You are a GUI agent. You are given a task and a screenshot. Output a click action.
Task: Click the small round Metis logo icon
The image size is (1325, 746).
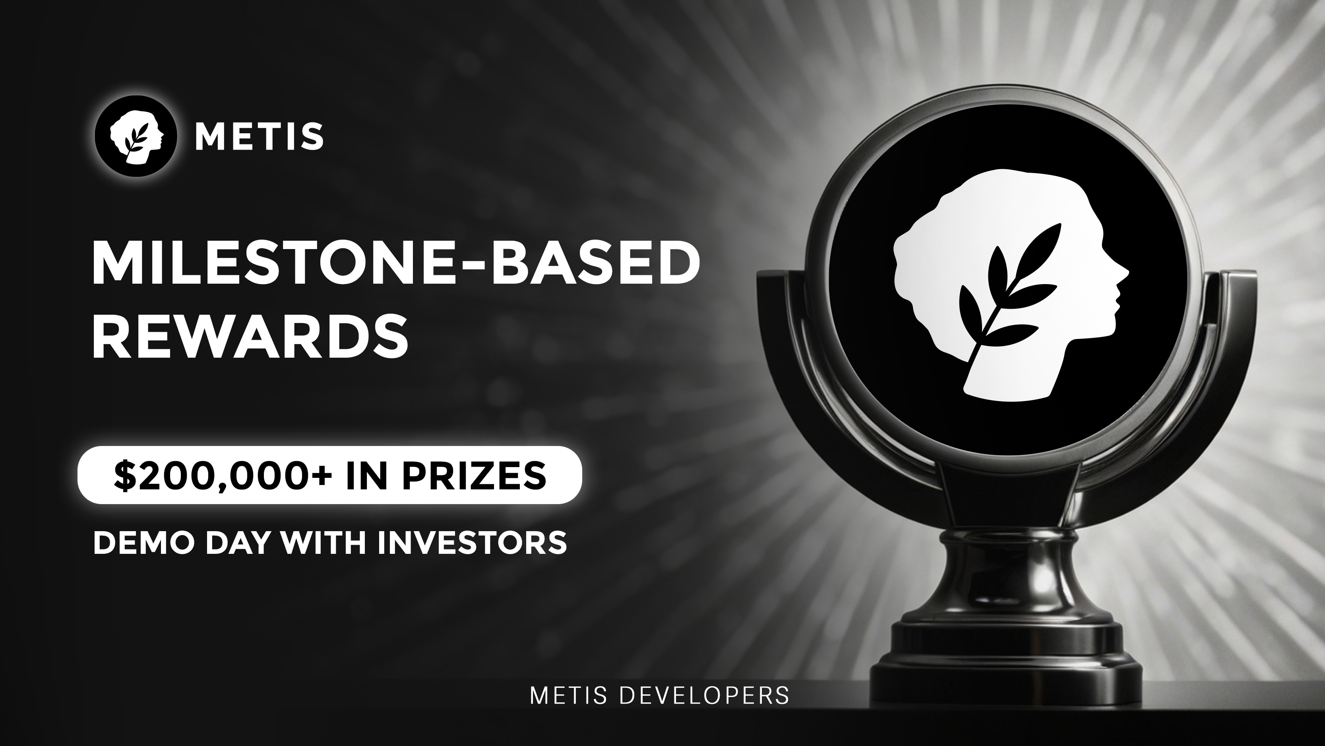(136, 136)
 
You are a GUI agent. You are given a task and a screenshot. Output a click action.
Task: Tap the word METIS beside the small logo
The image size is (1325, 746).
(259, 136)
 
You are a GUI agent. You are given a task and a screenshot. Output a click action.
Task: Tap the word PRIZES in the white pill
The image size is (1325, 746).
(474, 475)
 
